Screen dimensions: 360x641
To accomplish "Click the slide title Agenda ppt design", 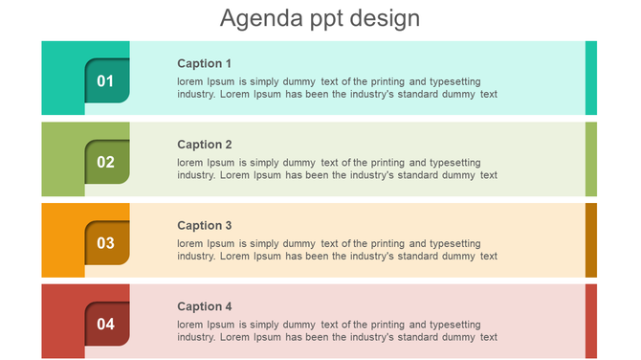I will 320,18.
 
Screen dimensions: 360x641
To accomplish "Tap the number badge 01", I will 105,80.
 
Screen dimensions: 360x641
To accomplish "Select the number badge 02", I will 105,162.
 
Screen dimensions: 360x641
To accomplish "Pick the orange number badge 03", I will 105,243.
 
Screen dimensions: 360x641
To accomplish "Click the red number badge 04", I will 105,324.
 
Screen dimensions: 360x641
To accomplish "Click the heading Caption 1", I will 205,63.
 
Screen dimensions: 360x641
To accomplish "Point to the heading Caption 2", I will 205,145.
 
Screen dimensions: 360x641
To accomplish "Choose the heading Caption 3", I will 205,226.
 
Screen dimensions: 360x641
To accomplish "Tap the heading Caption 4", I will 205,306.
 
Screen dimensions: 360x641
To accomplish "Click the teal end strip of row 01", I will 591,78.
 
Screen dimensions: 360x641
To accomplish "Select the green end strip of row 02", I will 591,159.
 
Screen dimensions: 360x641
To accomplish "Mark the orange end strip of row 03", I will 591,240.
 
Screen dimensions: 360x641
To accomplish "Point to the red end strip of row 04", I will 591,321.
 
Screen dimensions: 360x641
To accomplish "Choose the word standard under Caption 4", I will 418,337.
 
